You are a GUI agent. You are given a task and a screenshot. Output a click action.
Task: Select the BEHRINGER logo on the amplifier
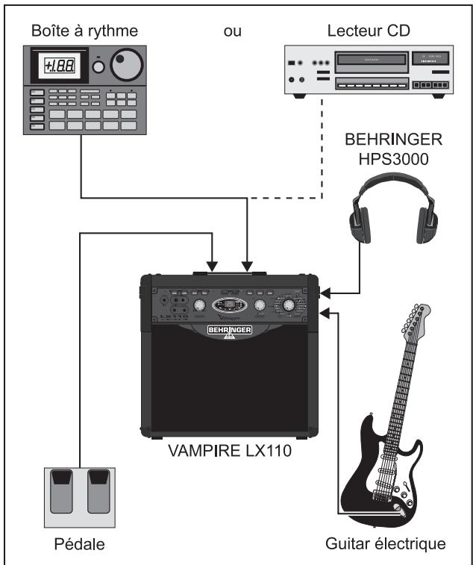(229, 328)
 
